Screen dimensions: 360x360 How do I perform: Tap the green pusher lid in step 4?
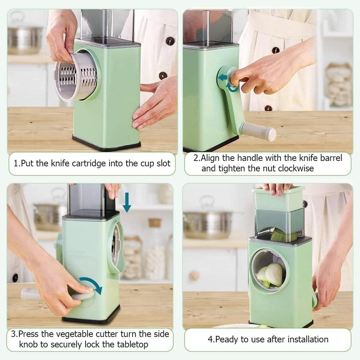pyautogui.click(x=279, y=199)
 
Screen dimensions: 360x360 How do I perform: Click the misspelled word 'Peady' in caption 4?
pyautogui.click(x=227, y=339)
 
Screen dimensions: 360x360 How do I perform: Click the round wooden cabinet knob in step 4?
pyautogui.click(x=195, y=276)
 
